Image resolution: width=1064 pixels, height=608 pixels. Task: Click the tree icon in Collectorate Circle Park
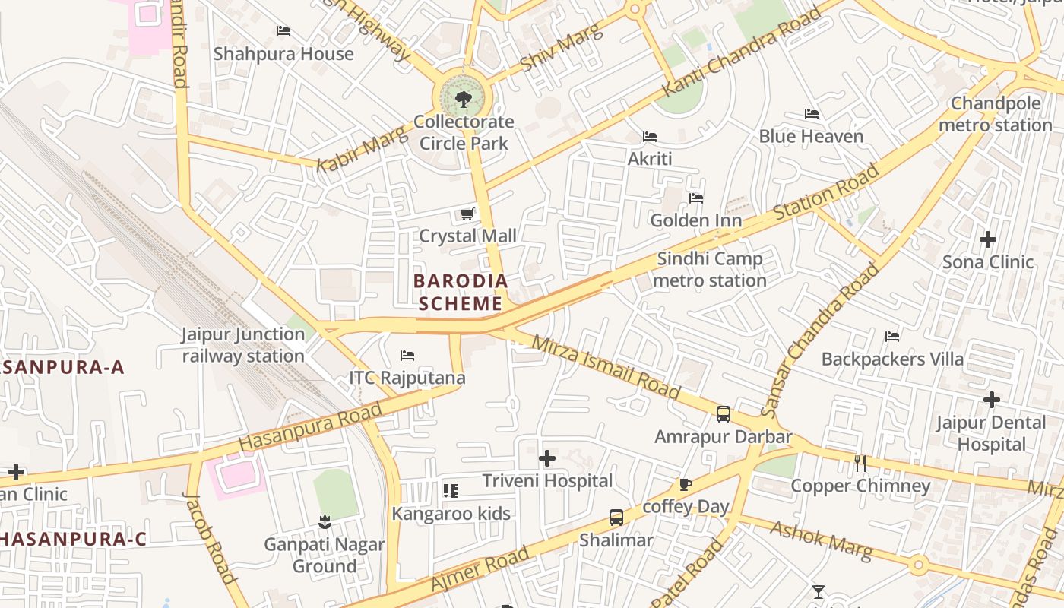[463, 99]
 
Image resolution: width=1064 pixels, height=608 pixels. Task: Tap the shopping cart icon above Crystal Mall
[467, 214]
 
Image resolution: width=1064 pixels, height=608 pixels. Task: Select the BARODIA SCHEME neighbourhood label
[461, 293]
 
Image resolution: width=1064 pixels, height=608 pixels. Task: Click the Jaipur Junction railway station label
[243, 345]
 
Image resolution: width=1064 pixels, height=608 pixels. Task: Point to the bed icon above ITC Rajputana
[407, 356]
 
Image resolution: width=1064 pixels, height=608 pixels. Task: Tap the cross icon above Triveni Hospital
[547, 458]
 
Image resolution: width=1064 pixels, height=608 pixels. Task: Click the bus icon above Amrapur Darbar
[724, 414]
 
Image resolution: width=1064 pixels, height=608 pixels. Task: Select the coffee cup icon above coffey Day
[686, 485]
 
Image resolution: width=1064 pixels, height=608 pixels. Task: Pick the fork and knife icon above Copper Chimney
[860, 463]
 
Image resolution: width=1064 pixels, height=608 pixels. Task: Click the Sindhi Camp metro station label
[710, 270]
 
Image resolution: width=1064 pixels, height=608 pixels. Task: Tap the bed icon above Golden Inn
[696, 198]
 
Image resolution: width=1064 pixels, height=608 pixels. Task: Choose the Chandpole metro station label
[996, 114]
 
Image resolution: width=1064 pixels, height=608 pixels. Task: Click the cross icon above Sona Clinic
[988, 240]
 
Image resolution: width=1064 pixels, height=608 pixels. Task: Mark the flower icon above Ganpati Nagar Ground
[325, 522]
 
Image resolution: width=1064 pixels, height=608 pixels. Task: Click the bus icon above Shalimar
[616, 518]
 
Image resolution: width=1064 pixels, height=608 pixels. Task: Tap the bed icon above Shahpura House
[283, 31]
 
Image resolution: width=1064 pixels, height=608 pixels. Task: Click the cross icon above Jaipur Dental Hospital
[991, 400]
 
